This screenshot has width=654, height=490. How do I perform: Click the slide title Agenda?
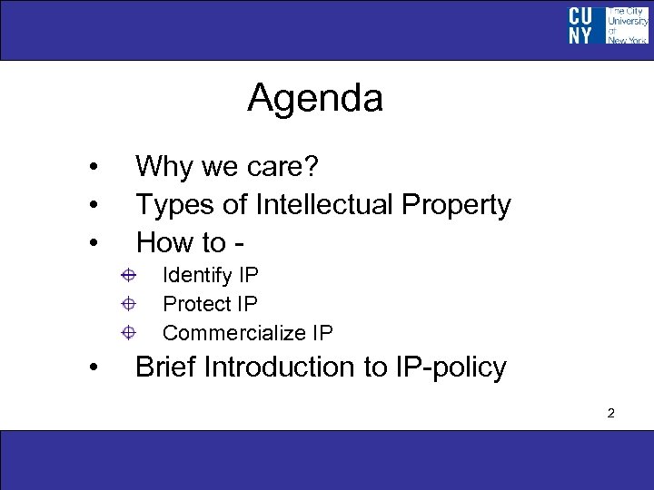tap(314, 98)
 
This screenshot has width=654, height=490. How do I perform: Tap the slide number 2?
tap(611, 414)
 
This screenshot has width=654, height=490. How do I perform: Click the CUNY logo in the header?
tap(608, 25)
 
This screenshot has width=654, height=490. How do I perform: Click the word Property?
tap(459, 206)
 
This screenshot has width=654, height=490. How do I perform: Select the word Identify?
tap(197, 275)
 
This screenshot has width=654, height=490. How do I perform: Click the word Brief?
tap(166, 367)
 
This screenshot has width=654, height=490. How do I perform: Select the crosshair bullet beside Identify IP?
tap(130, 274)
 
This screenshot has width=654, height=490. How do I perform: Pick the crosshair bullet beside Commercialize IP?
tap(130, 332)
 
